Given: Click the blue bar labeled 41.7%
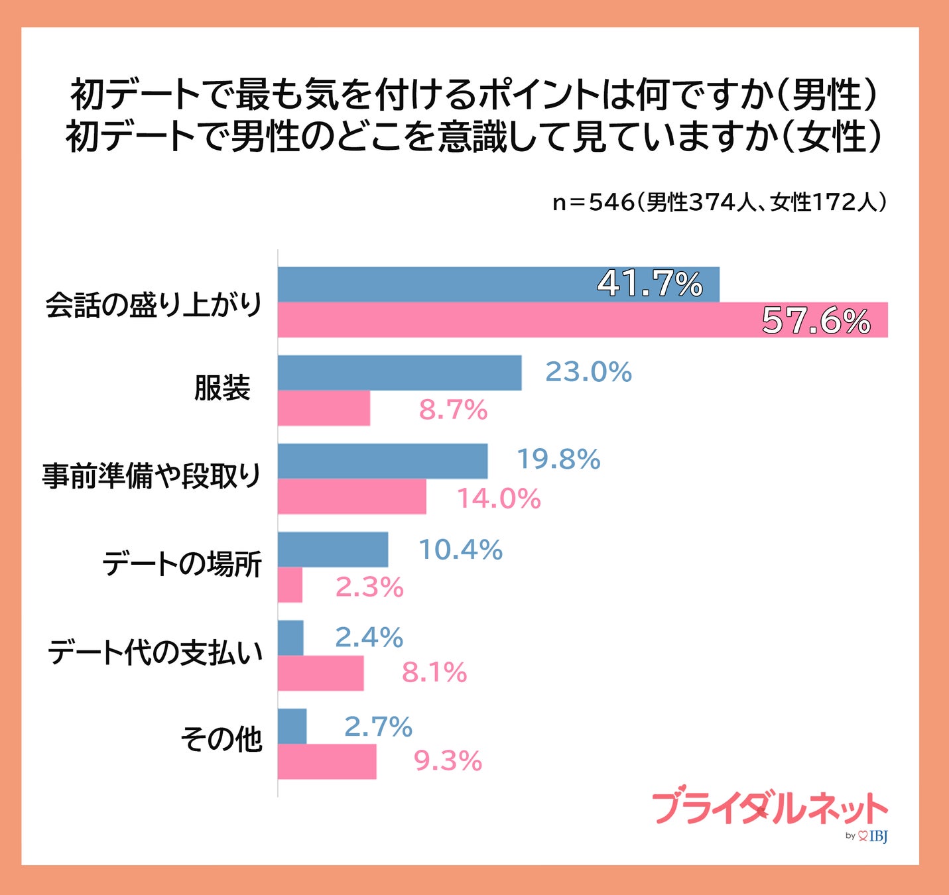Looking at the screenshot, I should coord(497,284).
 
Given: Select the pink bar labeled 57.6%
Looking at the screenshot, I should coord(582,320).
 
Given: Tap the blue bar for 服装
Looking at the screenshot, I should coord(399,373).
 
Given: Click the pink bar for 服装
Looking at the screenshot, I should coord(324,408).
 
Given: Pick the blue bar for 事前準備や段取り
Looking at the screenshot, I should coord(382,461).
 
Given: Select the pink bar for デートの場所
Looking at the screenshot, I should coord(290,585).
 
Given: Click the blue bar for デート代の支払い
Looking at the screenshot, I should coord(290,638).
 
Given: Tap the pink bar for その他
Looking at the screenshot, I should coord(326,761).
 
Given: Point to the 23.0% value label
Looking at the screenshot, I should coord(588,372).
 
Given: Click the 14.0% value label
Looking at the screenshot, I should coord(499,499).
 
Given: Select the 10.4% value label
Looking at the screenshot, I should coord(460,550).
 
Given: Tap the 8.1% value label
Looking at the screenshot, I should coord(434,673).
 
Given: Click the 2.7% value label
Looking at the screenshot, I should coord(378,727).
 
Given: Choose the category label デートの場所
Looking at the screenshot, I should coord(182,564).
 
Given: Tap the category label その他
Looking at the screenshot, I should coord(221,739).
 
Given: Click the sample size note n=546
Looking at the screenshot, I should coord(719,202).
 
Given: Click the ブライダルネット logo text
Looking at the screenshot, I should coord(769,807).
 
